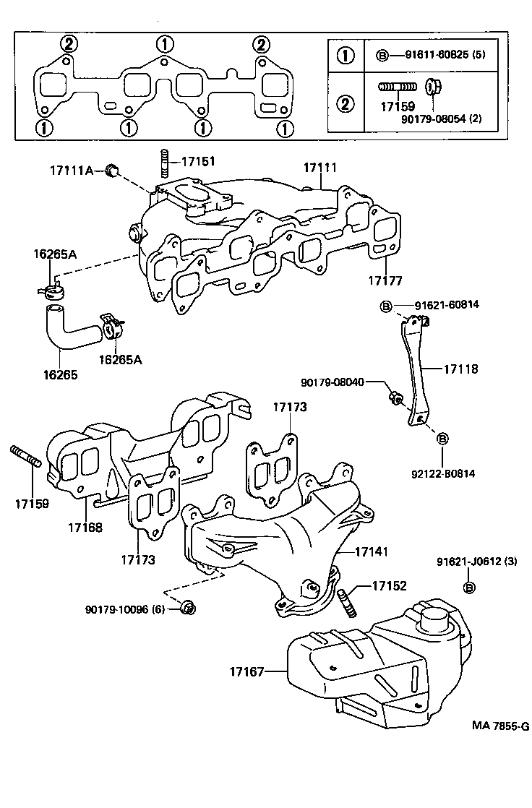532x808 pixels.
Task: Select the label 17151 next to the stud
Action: [x=198, y=162]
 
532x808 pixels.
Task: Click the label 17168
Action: [x=87, y=527]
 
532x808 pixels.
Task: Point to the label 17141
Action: [x=372, y=551]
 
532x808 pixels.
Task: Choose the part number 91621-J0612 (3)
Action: [x=476, y=561]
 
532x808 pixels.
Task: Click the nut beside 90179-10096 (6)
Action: [x=188, y=609]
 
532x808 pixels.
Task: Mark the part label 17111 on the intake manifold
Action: [x=319, y=168]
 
